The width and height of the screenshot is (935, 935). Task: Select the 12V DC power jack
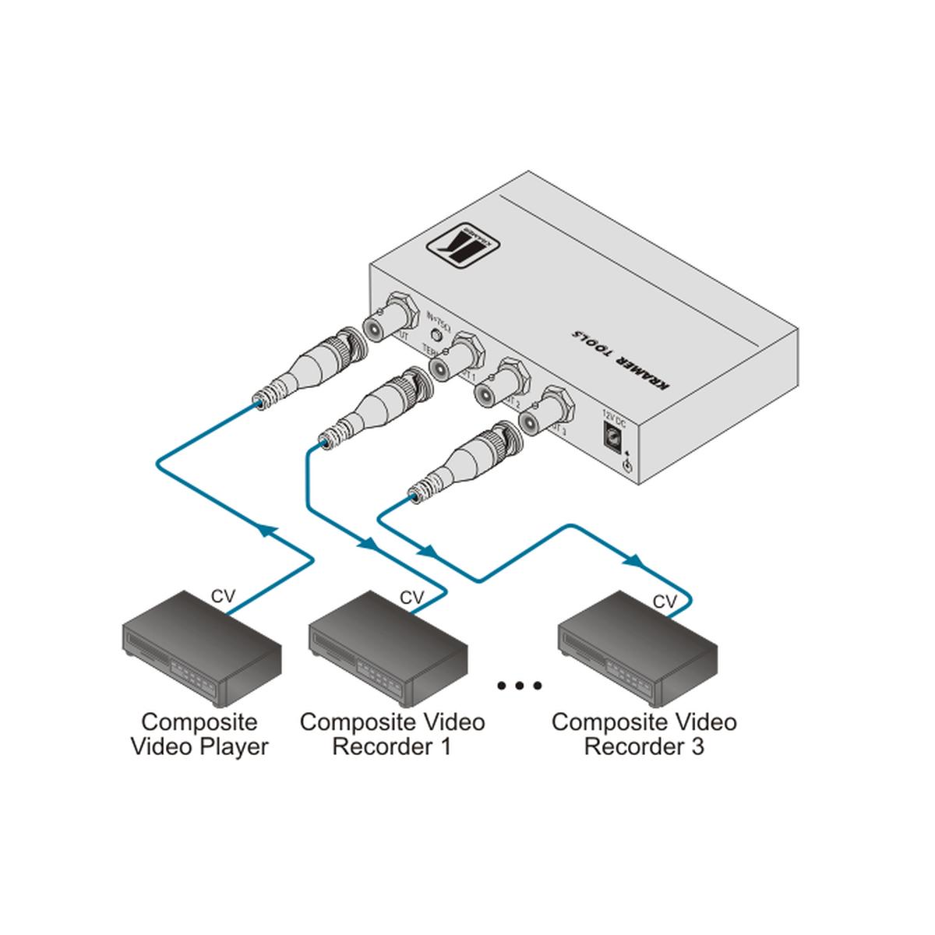pos(614,435)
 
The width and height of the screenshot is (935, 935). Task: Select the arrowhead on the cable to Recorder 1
pos(365,543)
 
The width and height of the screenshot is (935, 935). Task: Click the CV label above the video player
pos(224,597)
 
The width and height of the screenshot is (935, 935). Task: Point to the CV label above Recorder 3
pos(665,602)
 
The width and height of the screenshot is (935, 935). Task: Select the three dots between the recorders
pos(519,686)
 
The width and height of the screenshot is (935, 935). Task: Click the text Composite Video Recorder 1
pos(392,734)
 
